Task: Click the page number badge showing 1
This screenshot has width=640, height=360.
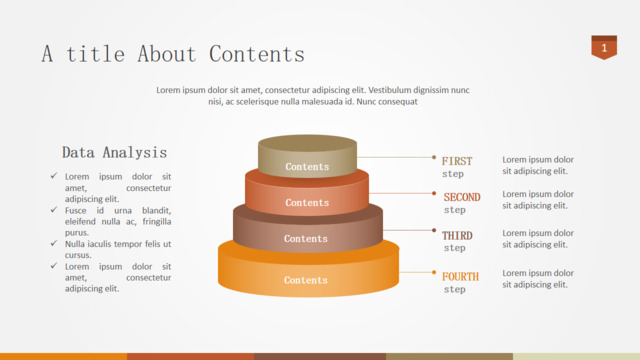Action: click(604, 47)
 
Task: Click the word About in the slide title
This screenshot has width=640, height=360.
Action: click(167, 54)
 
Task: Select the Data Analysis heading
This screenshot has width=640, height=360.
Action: click(114, 153)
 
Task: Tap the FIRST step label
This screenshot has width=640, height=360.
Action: click(457, 167)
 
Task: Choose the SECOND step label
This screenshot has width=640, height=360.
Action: click(462, 203)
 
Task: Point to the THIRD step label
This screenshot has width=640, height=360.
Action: click(457, 241)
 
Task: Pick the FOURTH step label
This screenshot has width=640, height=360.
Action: click(460, 282)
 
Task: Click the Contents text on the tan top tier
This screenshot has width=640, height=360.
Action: click(307, 167)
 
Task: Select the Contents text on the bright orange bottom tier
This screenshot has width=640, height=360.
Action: click(306, 280)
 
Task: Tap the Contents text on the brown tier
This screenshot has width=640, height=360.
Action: click(306, 238)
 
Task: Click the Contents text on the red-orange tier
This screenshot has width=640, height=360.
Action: click(307, 202)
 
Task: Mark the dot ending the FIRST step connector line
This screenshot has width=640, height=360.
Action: click(434, 157)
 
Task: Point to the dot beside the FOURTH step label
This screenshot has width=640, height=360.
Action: click(434, 272)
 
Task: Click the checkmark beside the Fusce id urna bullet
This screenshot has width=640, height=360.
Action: click(54, 210)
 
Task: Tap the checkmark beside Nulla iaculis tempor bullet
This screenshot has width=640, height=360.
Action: click(54, 243)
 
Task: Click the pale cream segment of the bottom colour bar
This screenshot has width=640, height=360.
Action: click(576, 357)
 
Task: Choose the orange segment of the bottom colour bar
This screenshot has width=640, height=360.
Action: click(63, 357)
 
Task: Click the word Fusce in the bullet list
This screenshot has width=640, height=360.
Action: click(76, 211)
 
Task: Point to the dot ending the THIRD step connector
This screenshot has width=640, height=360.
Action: click(434, 230)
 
